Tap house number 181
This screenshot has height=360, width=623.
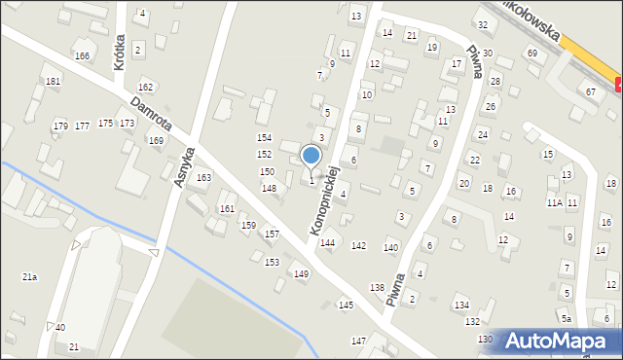(53, 81)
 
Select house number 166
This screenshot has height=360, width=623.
(82, 56)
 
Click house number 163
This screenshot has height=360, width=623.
(203, 178)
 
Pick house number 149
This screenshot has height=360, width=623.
(302, 274)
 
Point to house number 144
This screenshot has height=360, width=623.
(328, 243)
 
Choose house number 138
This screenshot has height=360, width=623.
(377, 287)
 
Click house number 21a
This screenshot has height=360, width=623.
(30, 277)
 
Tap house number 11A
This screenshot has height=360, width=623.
(554, 203)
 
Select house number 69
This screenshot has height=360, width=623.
(531, 53)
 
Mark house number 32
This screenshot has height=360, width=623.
(482, 24)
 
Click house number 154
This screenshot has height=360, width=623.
(264, 138)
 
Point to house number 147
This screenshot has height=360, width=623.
(358, 341)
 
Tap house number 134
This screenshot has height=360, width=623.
(460, 306)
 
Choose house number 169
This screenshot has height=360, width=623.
(156, 141)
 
